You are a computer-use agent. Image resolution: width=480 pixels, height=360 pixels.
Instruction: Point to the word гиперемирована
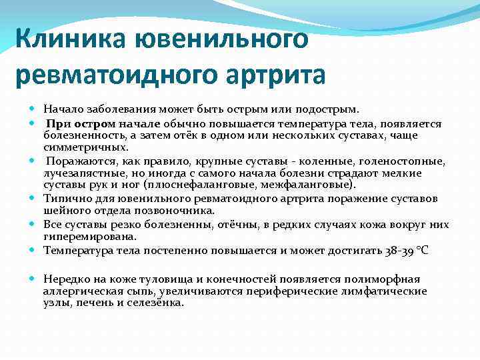[89, 236]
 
